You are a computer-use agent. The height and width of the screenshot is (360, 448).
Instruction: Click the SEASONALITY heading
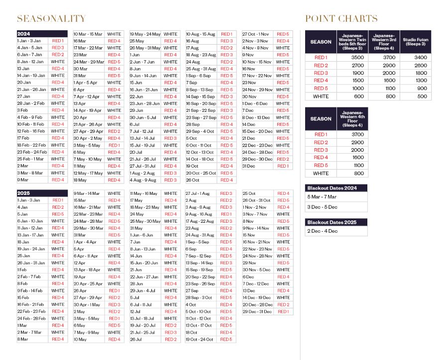(51, 19)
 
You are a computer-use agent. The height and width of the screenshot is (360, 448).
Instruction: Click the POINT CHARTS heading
(341, 19)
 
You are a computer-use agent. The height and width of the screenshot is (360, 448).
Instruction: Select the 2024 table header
(24, 33)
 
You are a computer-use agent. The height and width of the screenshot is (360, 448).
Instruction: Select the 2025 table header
(24, 193)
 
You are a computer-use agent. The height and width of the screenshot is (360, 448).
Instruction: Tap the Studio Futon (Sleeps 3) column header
(415, 42)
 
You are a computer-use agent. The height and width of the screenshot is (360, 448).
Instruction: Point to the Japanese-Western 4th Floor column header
(352, 119)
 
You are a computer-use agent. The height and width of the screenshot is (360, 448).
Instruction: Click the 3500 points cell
(352, 58)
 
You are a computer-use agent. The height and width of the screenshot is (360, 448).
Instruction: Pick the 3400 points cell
(415, 58)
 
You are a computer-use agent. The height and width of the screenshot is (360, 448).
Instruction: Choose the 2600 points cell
(415, 65)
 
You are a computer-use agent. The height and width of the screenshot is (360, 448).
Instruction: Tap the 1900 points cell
(352, 73)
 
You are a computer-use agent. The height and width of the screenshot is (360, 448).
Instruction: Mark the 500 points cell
(415, 96)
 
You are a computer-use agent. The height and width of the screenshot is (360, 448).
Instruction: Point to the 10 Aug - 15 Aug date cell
(201, 34)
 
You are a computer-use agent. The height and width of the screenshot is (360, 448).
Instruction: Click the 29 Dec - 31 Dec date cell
(257, 312)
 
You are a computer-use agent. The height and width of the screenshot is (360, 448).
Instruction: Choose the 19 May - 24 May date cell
(145, 34)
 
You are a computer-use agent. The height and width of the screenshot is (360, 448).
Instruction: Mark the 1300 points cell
(415, 81)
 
